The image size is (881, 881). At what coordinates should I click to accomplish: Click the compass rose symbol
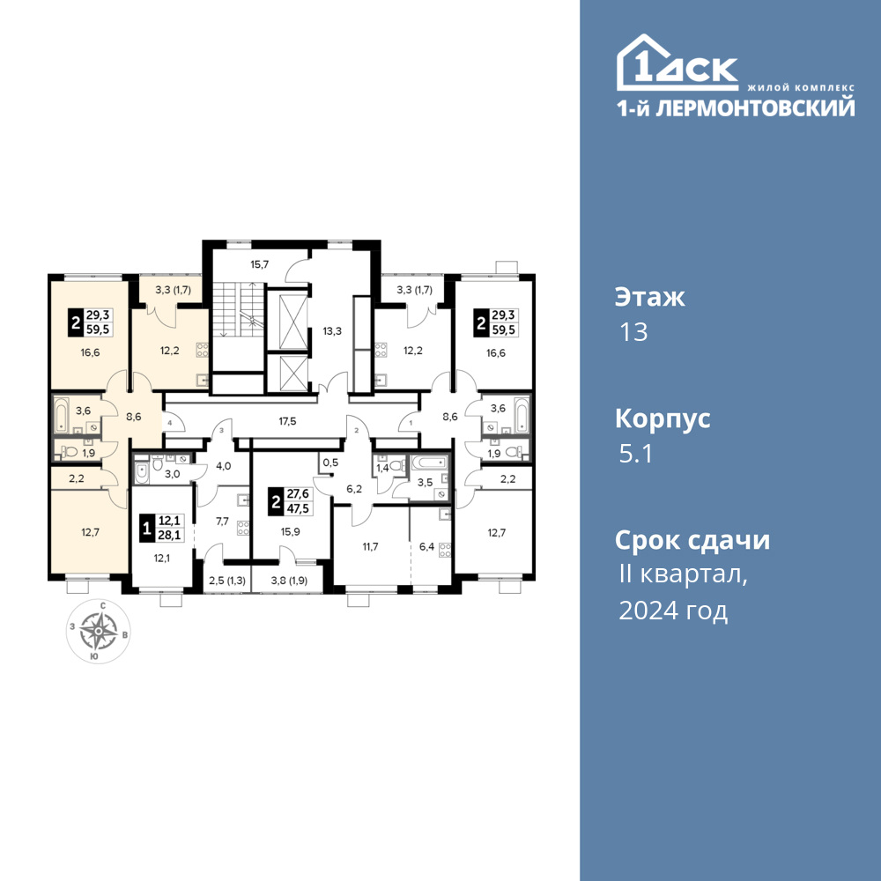(99, 631)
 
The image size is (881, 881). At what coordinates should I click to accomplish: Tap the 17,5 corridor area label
(287, 421)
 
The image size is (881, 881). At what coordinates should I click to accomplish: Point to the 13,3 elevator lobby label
(332, 331)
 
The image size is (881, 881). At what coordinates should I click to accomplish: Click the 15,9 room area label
(290, 531)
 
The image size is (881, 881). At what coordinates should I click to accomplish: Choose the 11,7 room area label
(370, 546)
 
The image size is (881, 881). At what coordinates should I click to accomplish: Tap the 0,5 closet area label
(331, 463)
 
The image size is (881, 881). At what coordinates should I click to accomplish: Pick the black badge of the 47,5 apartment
(276, 501)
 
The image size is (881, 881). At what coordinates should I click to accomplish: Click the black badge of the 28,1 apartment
(146, 529)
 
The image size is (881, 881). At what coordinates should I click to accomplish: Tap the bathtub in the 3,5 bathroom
(430, 463)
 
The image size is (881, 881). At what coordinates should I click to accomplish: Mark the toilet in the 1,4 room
(398, 465)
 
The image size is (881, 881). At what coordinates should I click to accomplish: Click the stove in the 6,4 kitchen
(445, 550)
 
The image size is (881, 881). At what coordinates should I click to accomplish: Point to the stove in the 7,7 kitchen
(243, 528)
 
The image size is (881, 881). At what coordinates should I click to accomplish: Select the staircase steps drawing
(237, 309)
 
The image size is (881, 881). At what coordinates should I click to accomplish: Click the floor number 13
(633, 332)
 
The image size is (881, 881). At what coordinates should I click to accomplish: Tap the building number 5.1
(635, 454)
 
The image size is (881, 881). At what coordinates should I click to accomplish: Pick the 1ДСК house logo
(677, 63)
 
